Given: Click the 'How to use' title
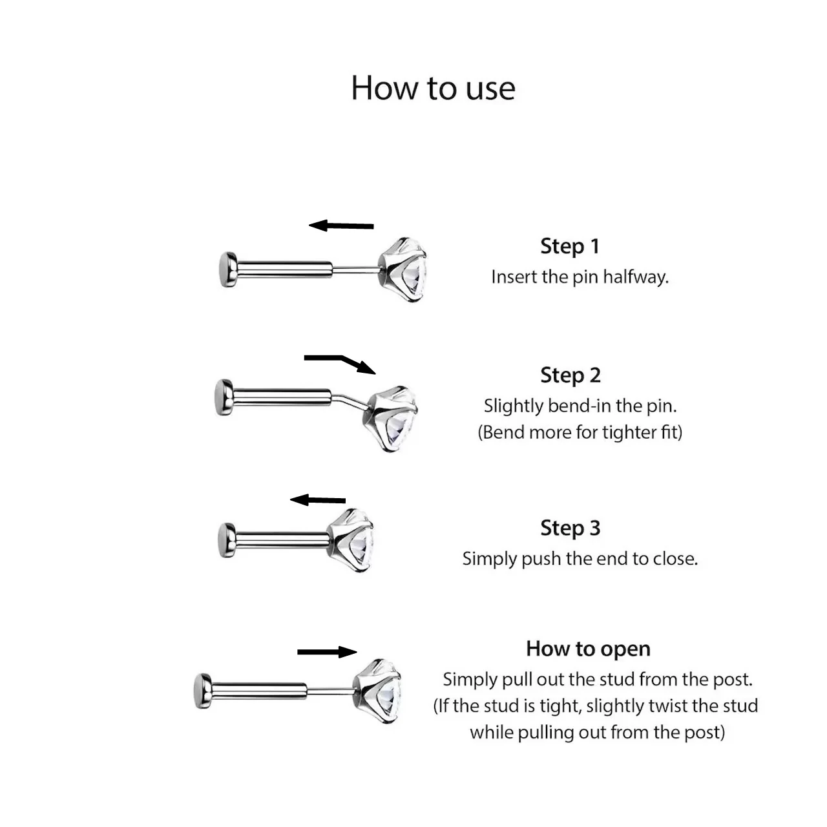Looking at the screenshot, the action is coord(433,89).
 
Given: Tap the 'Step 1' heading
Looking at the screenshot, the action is coord(569,246).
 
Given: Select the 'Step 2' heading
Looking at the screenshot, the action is coord(571,375).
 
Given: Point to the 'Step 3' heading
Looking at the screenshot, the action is coord(571,528).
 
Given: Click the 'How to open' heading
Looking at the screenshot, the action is coord(589,649).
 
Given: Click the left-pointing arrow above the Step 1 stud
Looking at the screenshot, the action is coord(341,225).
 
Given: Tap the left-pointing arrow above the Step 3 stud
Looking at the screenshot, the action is coord(318,500).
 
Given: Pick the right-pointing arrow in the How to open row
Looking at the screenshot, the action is coord(327,652).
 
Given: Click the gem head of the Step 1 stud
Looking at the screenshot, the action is coord(403,269).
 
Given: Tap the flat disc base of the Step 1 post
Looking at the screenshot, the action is coord(228,269).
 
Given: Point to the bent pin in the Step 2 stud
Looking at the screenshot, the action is coord(349,400).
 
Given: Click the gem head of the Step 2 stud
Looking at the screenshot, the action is coord(393,419).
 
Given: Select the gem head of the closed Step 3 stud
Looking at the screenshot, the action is coord(350,540).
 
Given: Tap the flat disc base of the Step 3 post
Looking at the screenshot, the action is coord(227,540).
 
